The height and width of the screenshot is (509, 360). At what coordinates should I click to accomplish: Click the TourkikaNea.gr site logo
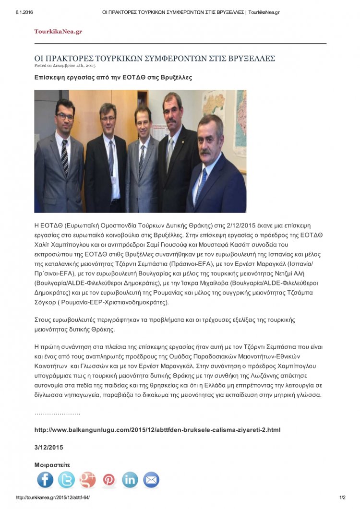(58, 31)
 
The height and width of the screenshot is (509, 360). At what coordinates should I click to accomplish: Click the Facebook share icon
(46, 480)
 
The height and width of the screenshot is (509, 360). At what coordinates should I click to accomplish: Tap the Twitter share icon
(66, 480)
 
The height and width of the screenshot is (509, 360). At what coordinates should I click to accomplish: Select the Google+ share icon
(88, 480)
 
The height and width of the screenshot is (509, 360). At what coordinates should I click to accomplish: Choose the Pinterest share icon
(109, 480)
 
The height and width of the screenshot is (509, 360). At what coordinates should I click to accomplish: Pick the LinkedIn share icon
(130, 480)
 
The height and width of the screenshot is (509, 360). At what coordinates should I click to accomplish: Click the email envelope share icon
(151, 480)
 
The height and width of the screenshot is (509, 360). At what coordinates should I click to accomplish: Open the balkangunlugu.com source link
(157, 430)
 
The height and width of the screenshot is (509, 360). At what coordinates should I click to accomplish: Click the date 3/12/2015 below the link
(48, 447)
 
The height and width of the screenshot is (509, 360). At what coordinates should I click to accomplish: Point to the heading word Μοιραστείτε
(52, 465)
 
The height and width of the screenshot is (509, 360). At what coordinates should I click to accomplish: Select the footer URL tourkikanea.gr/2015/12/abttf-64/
(53, 497)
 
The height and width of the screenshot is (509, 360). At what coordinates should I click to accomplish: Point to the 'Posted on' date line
(65, 65)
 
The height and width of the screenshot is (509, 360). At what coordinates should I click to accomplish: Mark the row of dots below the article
(57, 413)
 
